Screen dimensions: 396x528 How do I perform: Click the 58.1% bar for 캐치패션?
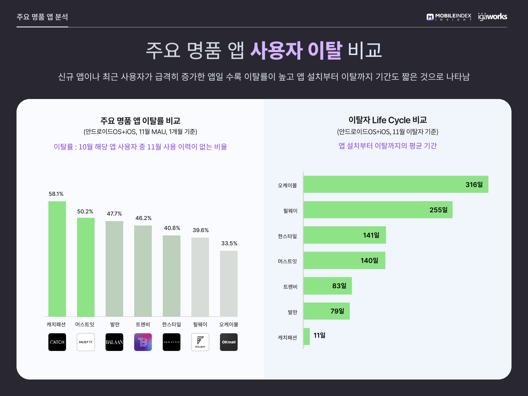(57, 258)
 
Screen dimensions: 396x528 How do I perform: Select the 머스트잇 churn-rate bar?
(86, 267)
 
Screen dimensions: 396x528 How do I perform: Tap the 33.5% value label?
(229, 243)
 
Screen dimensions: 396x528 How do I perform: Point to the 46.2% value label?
(143, 218)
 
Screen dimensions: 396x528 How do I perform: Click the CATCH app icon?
(57, 342)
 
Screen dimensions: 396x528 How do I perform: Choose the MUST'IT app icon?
(86, 342)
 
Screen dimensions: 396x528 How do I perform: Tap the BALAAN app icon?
(114, 342)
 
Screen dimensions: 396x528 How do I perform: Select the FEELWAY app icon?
(200, 342)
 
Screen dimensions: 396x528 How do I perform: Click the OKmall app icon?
(229, 342)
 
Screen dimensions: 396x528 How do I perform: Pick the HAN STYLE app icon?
(172, 342)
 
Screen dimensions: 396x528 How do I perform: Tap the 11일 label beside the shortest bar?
(319, 335)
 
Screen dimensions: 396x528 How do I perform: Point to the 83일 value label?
(339, 286)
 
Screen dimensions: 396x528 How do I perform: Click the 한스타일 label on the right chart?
(287, 236)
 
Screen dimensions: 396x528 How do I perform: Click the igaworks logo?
(492, 16)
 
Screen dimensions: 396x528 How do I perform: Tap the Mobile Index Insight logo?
(449, 17)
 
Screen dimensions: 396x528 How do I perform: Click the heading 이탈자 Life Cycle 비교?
(388, 120)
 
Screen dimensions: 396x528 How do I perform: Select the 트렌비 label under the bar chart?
(143, 324)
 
